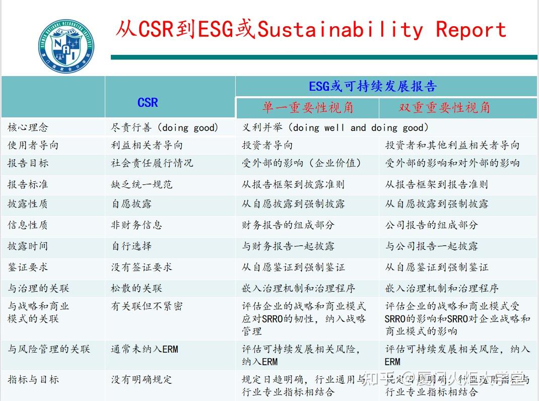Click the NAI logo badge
coord(66,46)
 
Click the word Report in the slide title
coord(470,29)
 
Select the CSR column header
coord(148,103)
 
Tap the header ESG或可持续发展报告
coord(372,86)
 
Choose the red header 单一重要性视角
coord(307,107)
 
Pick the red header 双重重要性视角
coord(444,107)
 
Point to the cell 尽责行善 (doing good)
coord(165,127)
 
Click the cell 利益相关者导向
coord(147,145)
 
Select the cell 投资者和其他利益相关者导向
coord(452,145)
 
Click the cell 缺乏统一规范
coord(142,184)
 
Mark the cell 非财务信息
coord(137,225)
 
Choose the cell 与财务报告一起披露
coord(288,246)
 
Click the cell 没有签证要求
coord(142,267)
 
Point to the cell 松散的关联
coord(137,288)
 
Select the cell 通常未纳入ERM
coord(145,349)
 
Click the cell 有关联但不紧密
coord(147,306)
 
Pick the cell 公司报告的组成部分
coord(431,225)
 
